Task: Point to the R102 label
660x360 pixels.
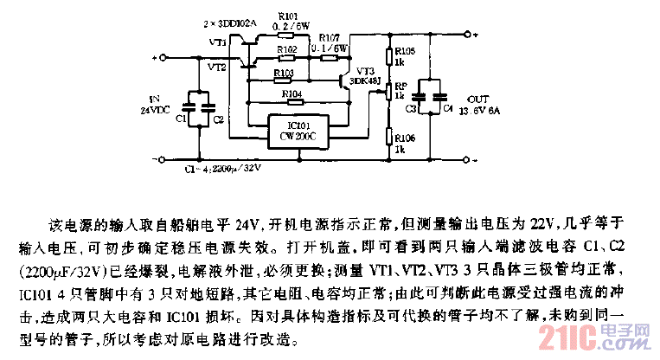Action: coord(286,50)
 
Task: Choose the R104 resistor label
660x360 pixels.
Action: coord(292,93)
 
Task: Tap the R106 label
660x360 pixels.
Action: coord(400,138)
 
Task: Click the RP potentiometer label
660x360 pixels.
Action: coord(400,87)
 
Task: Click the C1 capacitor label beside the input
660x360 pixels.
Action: coord(180,118)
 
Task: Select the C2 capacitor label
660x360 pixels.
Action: coord(218,118)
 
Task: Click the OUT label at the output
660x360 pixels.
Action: coord(477,100)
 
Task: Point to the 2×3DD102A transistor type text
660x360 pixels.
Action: coord(228,25)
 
